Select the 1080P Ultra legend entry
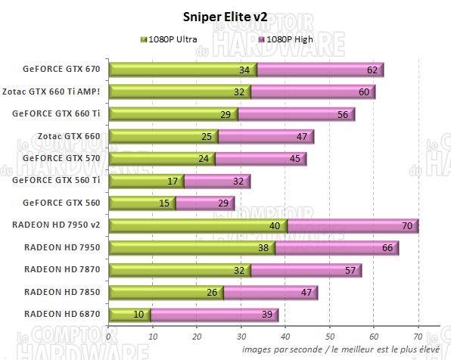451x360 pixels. pyautogui.click(x=170, y=39)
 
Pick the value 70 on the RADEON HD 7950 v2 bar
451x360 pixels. pyautogui.click(x=407, y=225)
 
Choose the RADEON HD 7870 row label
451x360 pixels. pyautogui.click(x=62, y=269)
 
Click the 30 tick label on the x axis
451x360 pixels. pyautogui.click(x=241, y=337)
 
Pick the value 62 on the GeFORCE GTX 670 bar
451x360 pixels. pyautogui.click(x=372, y=70)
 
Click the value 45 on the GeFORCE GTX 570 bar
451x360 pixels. pyautogui.click(x=294, y=159)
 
